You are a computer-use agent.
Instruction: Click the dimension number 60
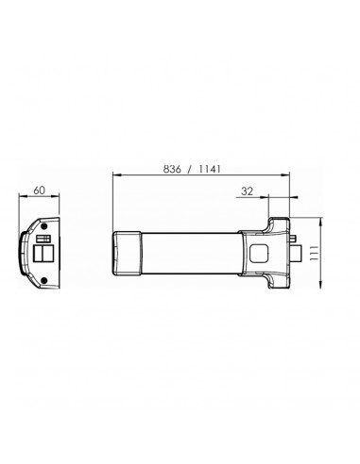[x=40, y=191]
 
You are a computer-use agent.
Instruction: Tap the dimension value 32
[x=248, y=191]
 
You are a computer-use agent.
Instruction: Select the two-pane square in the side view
[x=44, y=255]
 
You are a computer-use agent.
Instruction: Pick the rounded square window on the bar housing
[x=259, y=252]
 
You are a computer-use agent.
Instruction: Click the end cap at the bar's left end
[x=126, y=252]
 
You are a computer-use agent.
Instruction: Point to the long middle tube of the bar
[x=189, y=252]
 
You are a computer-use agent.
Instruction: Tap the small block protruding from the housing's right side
[x=296, y=252]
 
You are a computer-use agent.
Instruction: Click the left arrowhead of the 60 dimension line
[x=22, y=199]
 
